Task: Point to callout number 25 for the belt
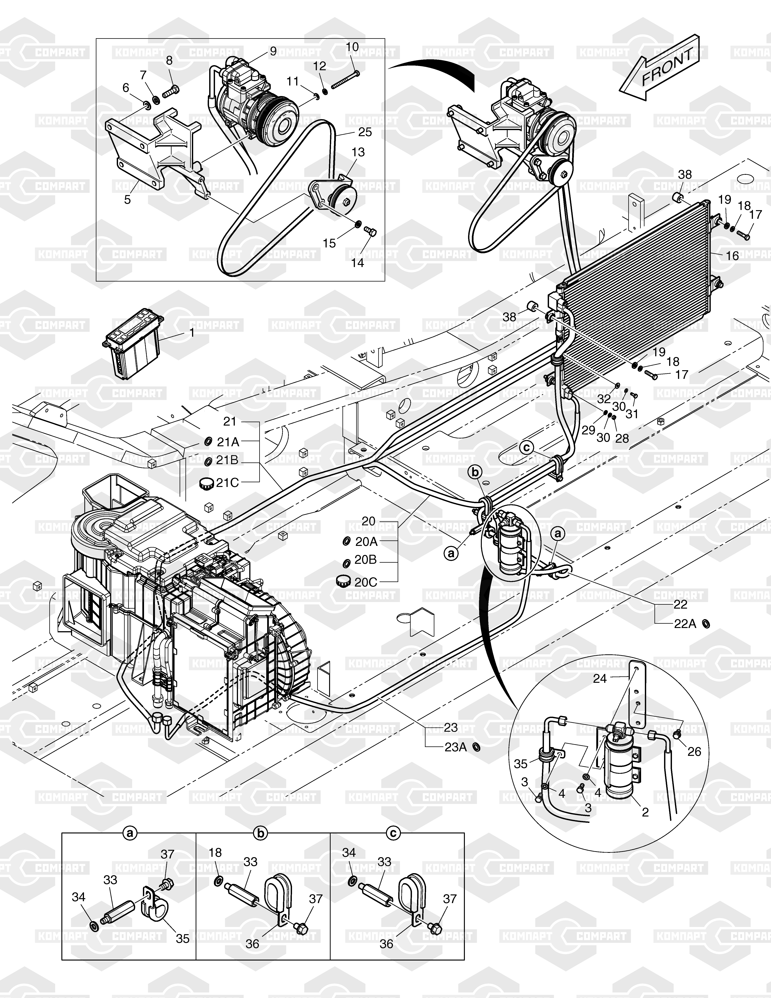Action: [x=365, y=132]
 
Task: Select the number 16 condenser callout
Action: [x=732, y=256]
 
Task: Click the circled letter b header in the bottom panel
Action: [x=261, y=833]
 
